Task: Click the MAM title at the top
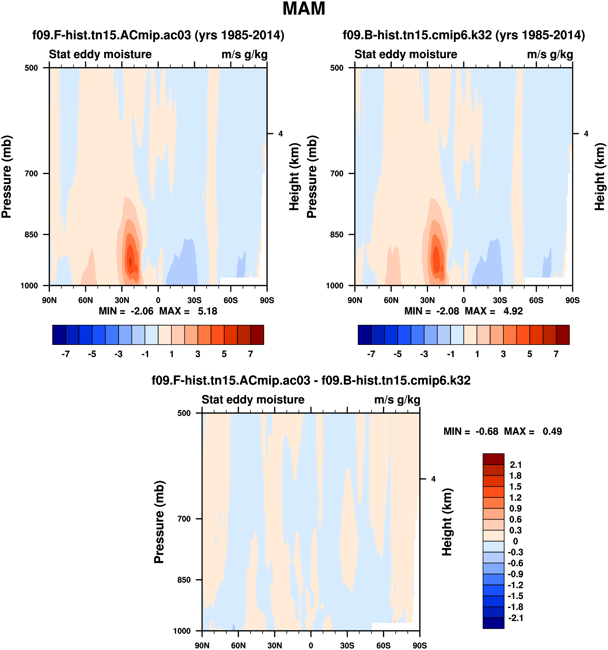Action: click(x=304, y=9)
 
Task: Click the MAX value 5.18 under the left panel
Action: click(x=207, y=311)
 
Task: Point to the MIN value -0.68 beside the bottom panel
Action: click(x=487, y=431)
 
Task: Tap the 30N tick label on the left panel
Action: click(x=122, y=300)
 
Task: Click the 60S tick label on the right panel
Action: click(x=536, y=300)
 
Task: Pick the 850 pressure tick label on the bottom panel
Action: click(x=184, y=580)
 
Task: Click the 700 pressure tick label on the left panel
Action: click(x=32, y=174)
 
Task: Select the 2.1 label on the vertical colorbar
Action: click(x=515, y=465)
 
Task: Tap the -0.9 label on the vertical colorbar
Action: click(x=515, y=574)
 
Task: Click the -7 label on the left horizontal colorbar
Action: click(x=65, y=354)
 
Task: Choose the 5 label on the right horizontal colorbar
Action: click(x=529, y=354)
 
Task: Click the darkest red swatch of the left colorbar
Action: click(x=257, y=334)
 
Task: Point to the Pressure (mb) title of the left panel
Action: click(x=6, y=176)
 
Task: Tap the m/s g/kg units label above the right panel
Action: click(x=550, y=54)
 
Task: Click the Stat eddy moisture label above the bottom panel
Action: click(x=253, y=400)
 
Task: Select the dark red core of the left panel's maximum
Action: click(x=130, y=261)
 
